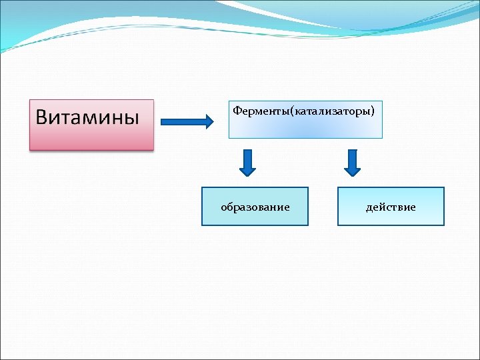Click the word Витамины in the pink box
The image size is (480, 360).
(x=87, y=117)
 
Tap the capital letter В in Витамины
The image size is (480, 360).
(x=42, y=117)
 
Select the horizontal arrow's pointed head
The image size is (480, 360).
(x=209, y=122)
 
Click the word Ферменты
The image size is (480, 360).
(x=259, y=109)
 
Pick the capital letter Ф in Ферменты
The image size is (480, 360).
(x=237, y=109)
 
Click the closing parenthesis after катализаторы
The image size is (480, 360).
(x=381, y=109)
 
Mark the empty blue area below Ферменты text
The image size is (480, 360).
(x=305, y=127)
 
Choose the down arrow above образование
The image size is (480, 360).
(x=247, y=163)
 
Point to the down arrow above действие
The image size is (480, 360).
(x=352, y=163)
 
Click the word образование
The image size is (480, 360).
(x=255, y=207)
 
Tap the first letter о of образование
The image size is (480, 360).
(x=224, y=208)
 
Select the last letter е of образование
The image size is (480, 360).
(x=287, y=208)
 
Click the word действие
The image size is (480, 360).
(x=391, y=207)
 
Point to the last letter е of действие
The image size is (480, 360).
(x=413, y=208)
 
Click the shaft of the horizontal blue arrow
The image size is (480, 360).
(x=183, y=122)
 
